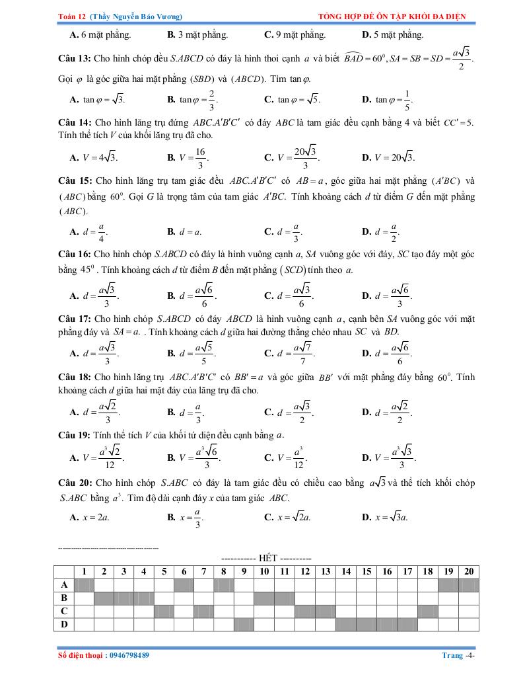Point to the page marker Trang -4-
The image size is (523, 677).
(x=458, y=655)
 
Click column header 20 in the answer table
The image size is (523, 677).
(x=468, y=572)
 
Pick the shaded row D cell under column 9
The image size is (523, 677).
(x=244, y=624)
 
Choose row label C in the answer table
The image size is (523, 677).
(x=64, y=612)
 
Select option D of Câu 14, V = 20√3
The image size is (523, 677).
(x=388, y=157)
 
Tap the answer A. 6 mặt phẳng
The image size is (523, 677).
(x=100, y=34)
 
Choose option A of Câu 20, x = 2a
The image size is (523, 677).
(x=90, y=518)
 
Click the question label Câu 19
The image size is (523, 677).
(x=74, y=435)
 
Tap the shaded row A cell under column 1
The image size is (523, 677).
(x=85, y=585)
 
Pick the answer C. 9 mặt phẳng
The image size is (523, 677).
(x=295, y=34)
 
